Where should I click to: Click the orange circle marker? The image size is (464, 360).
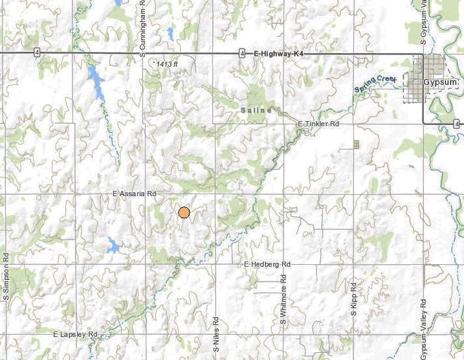(184, 212)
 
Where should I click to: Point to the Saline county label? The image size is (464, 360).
(256, 110)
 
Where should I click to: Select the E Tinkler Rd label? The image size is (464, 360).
(318, 124)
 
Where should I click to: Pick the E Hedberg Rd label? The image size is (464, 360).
(267, 264)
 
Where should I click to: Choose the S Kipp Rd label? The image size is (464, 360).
(354, 299)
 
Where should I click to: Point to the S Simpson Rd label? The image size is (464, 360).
(6, 276)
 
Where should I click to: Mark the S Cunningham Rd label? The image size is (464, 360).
(142, 27)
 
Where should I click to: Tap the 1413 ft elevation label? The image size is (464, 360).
(167, 64)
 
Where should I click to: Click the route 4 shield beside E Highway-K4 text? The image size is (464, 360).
(241, 54)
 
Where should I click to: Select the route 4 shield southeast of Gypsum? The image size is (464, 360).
(456, 124)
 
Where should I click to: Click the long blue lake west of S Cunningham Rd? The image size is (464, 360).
(96, 81)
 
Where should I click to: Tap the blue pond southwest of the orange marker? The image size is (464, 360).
(112, 245)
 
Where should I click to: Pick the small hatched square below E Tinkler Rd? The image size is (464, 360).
(356, 144)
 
